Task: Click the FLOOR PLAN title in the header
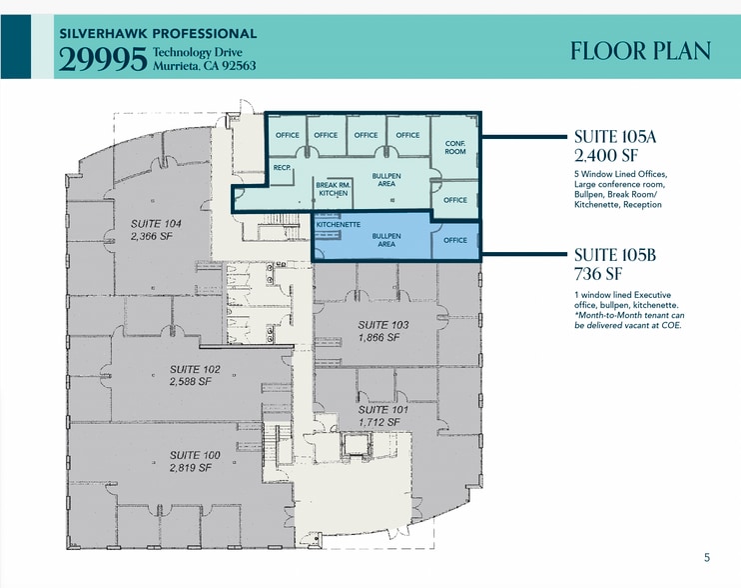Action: coord(640,51)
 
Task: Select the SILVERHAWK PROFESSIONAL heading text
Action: coord(158,34)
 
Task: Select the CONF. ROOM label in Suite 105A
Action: coord(454,147)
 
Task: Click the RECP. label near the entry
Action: coord(281,168)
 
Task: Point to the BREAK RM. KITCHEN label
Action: coord(332,189)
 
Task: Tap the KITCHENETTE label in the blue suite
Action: coord(338,225)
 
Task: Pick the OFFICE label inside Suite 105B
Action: coord(454,240)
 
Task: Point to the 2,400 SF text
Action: coord(607,156)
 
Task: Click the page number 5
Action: coord(707,558)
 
